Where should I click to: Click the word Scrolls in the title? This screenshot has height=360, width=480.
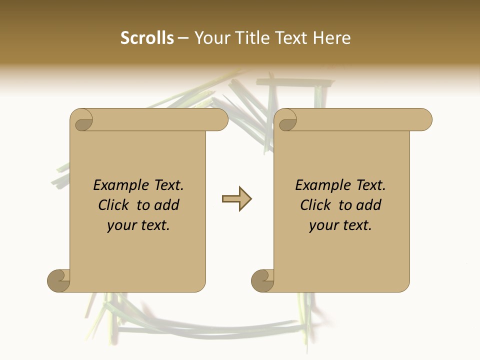[147, 38]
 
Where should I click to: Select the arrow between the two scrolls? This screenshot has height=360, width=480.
[236, 199]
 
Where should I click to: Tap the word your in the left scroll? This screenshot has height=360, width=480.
[121, 225]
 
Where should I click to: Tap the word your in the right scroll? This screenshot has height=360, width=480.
[323, 225]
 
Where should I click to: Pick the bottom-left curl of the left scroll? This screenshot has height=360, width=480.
[58, 280]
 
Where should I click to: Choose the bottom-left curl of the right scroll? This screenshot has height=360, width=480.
[262, 280]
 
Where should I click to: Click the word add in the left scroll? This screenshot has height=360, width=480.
[167, 205]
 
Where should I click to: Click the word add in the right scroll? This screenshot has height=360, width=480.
[369, 205]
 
